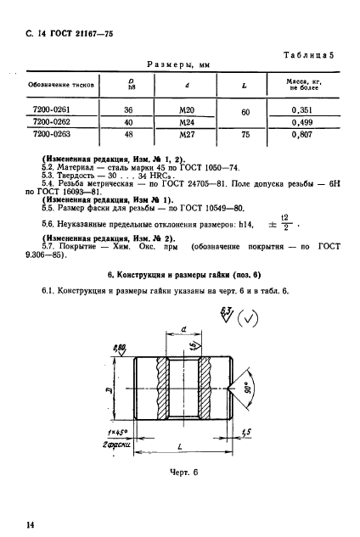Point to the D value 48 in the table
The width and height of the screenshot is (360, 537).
click(x=130, y=133)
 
